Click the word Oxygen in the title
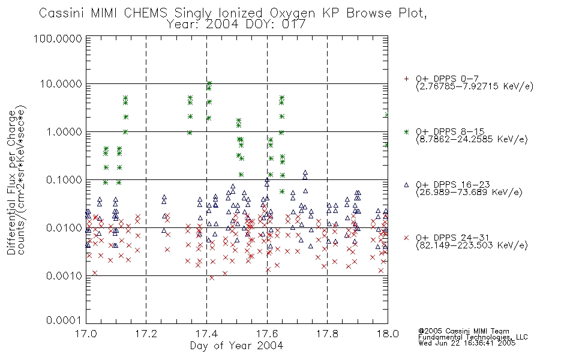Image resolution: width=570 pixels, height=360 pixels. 292,13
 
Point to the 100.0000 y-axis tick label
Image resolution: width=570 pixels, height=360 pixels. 58,39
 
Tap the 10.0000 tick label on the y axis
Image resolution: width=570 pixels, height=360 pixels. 61,84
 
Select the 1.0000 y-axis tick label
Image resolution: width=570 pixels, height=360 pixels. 64,131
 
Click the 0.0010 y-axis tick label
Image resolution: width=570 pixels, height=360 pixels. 64,276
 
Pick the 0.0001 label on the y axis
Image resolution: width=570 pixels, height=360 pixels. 64,320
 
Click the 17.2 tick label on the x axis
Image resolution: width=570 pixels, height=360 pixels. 146,334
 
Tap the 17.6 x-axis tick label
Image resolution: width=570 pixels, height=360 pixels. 267,334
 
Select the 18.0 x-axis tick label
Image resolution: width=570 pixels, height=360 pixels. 388,334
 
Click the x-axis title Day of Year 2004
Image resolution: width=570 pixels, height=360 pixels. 236,346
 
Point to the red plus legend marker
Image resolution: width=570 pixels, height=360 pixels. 406,79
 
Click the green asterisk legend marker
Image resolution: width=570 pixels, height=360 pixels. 406,131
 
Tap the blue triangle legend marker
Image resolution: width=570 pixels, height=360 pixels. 406,185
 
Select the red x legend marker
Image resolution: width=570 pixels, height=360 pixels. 406,238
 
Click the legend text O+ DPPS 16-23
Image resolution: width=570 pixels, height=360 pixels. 453,185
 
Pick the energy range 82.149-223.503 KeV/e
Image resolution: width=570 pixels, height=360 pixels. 472,245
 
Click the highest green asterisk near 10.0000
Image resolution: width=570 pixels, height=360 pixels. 209,83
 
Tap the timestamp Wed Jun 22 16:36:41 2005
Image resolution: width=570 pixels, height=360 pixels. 467,343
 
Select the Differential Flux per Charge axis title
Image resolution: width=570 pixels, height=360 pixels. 11,182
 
